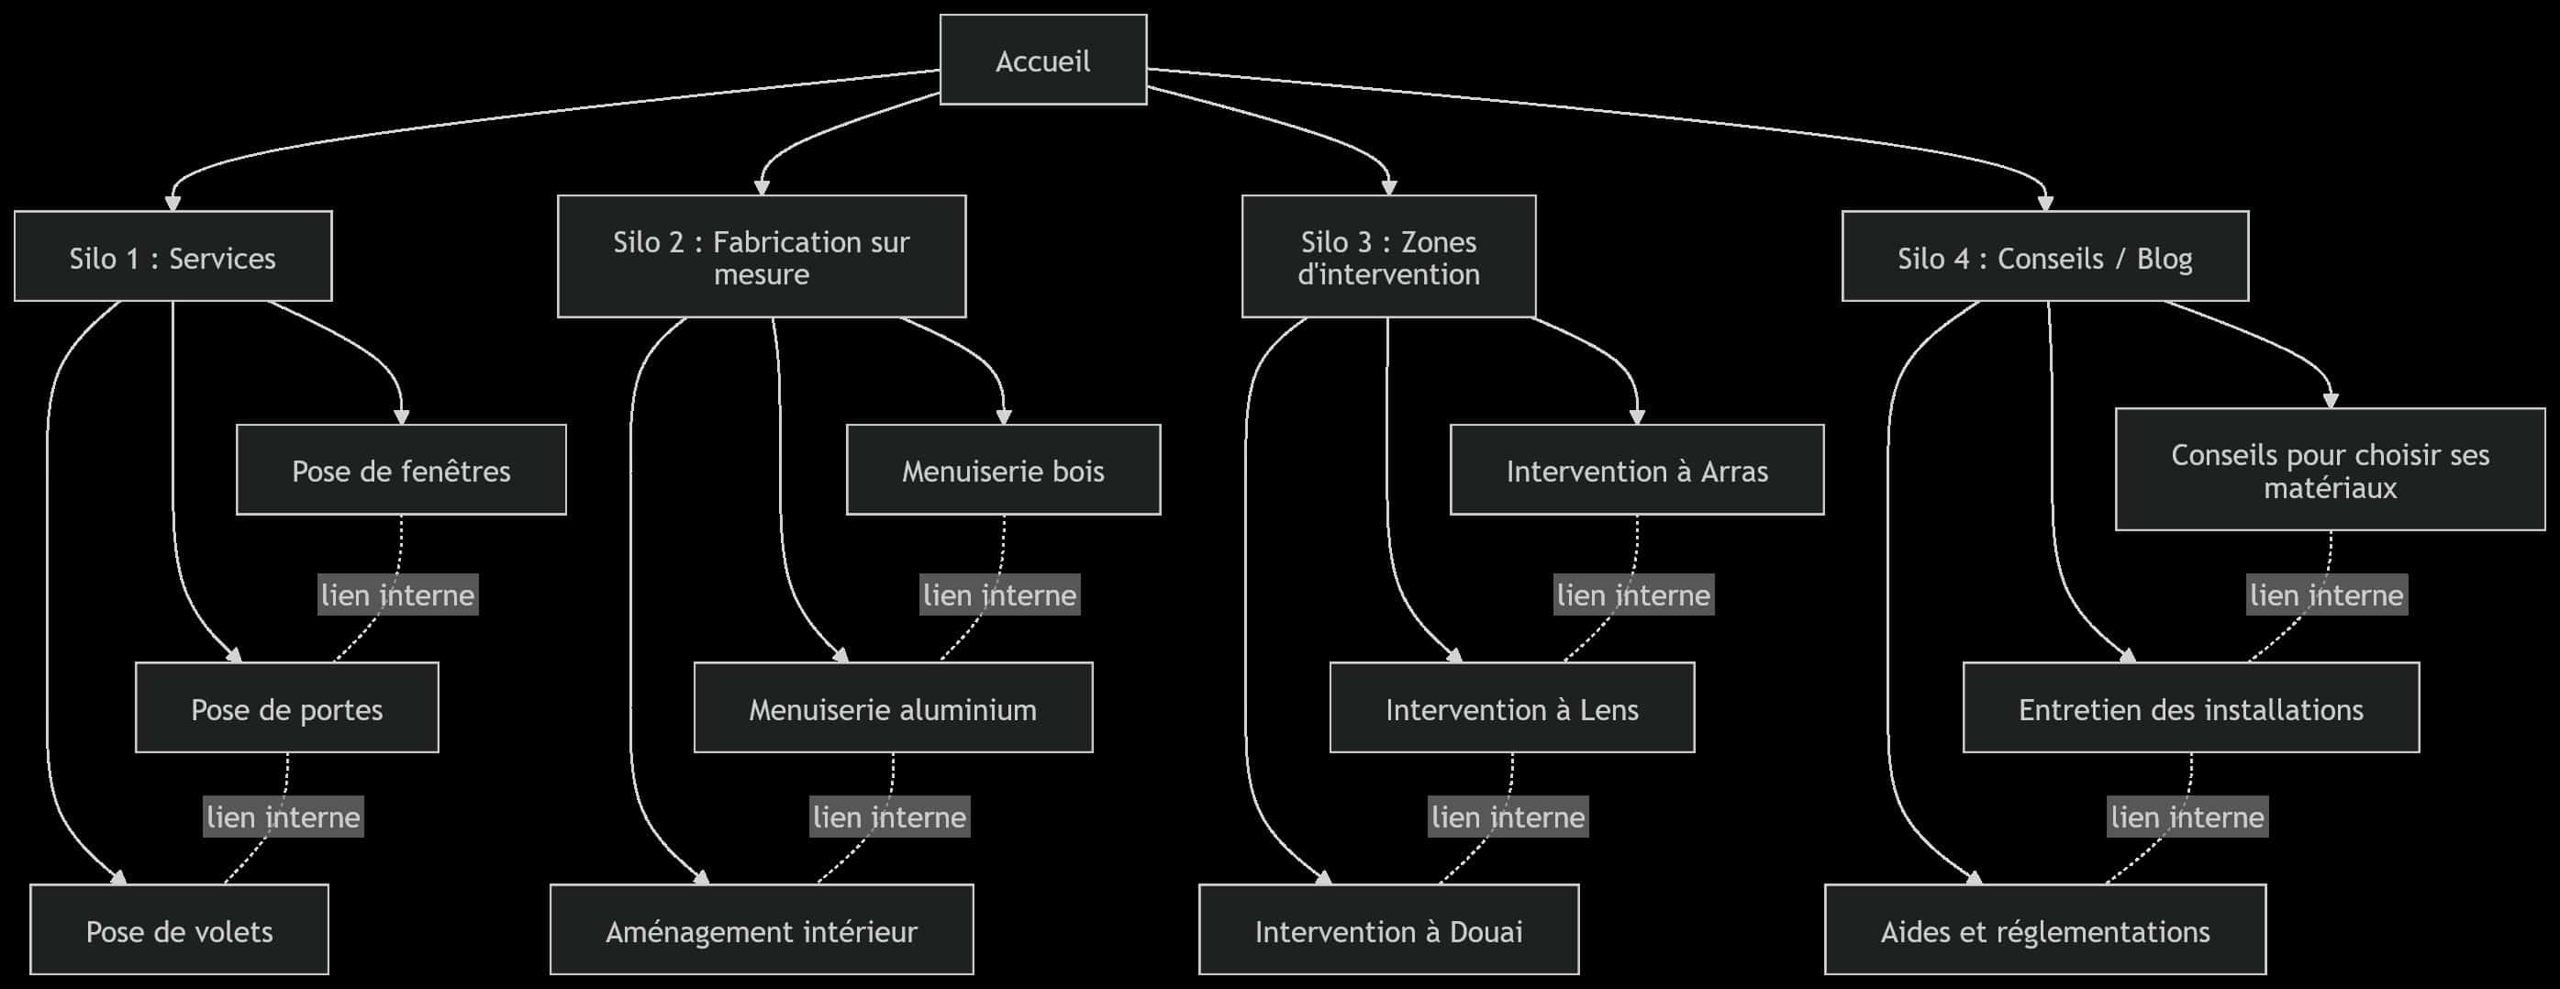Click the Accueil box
coord(1042,60)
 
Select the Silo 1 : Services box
coord(173,257)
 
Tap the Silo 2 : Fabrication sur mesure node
coord(762,257)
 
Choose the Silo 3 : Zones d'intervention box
coord(1388,257)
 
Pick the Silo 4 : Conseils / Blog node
coord(2044,257)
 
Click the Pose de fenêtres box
coord(400,470)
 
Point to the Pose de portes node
coord(286,707)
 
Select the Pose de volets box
coord(179,929)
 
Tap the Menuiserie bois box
coord(1003,470)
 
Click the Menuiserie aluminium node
coord(893,707)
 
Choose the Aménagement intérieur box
coord(762,929)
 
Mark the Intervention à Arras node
coord(1637,470)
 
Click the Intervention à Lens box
coord(1511,707)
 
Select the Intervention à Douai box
coord(1388,929)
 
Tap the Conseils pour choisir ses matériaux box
coord(2330,470)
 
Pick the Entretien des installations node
coord(2190,707)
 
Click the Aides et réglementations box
coord(2044,929)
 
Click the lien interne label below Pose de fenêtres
coord(397,595)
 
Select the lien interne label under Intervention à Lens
coord(1508,816)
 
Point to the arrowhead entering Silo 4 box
coord(2045,205)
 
